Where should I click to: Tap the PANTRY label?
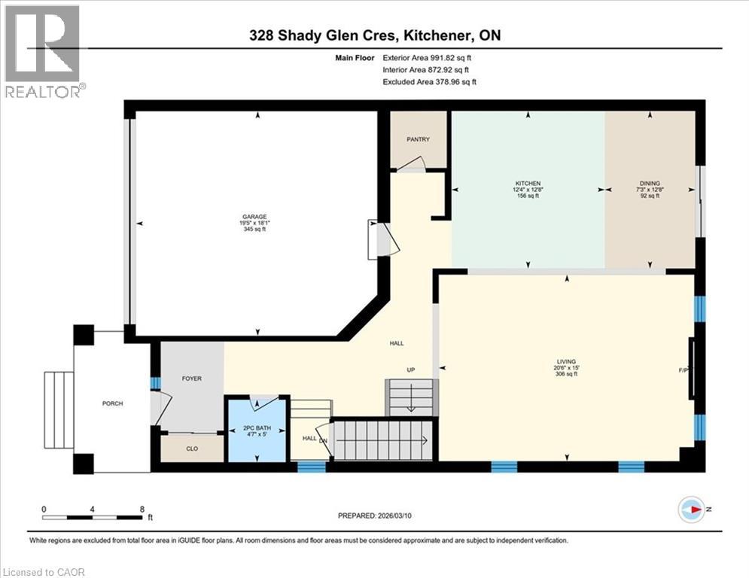pyautogui.click(x=418, y=139)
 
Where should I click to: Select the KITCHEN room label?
pyautogui.click(x=528, y=183)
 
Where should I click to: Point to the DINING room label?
pyautogui.click(x=650, y=183)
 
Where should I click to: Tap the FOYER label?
pyautogui.click(x=192, y=379)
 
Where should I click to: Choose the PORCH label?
pyautogui.click(x=112, y=403)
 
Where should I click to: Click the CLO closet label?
pyautogui.click(x=192, y=449)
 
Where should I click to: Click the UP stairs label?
pyautogui.click(x=410, y=370)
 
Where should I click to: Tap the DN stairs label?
pyautogui.click(x=323, y=441)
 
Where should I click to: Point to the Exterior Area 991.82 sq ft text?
pyautogui.click(x=429, y=57)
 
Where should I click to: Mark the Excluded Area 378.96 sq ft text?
pyautogui.click(x=429, y=81)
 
